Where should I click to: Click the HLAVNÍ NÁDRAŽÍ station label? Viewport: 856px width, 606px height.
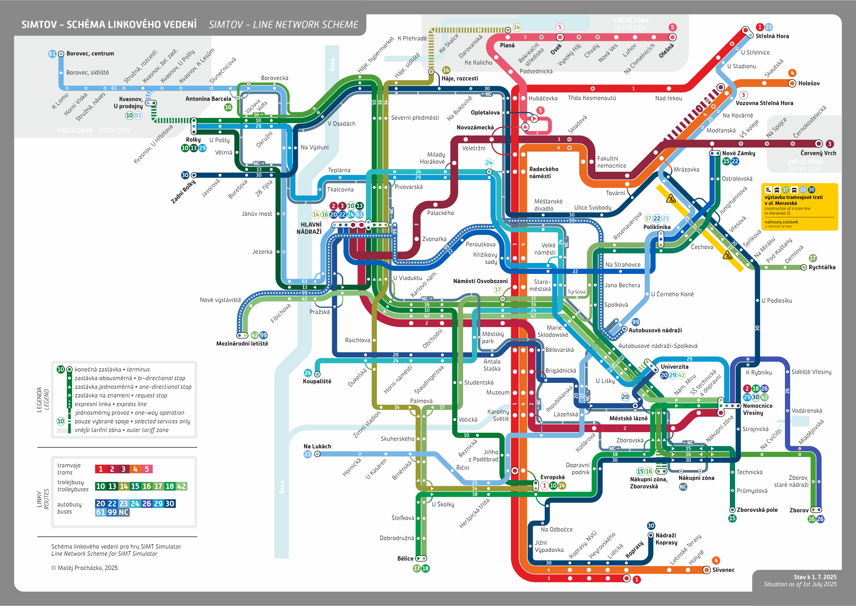point(309,228)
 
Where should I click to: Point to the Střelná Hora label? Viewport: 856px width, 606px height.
point(772,36)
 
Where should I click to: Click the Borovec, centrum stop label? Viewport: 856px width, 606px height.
point(90,54)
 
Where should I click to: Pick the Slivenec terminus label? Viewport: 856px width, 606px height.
point(723,570)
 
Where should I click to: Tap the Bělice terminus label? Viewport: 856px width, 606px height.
point(405,559)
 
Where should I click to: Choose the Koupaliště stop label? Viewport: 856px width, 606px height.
point(317,381)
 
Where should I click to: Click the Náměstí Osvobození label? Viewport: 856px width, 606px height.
point(480,281)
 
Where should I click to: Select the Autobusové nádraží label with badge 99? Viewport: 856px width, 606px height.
point(655,330)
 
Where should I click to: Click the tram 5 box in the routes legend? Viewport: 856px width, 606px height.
point(147,469)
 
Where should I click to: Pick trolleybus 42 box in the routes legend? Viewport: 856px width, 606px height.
point(181,486)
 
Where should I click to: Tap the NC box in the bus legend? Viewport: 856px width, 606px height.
point(124,512)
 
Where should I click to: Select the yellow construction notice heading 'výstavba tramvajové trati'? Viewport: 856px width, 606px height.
point(793,197)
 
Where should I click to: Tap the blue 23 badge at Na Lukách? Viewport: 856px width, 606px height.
point(307,454)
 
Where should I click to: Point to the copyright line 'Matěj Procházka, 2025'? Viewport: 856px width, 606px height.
point(85,568)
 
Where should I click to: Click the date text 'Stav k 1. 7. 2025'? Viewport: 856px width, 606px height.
point(815,577)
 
